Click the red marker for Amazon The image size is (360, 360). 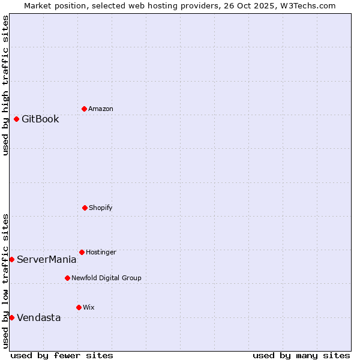84,109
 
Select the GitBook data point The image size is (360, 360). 16,119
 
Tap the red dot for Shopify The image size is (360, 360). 85,208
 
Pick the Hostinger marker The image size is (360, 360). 82,252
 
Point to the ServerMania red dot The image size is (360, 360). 11,259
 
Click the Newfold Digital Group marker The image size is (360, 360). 67,278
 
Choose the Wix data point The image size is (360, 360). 79,307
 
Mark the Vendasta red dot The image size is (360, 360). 11,317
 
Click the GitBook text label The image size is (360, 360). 40,119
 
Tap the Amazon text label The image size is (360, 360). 101,109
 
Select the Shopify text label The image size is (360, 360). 101,208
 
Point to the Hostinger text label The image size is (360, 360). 101,252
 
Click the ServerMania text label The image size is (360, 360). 47,259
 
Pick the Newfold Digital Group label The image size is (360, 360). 107,278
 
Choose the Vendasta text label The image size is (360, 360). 39,317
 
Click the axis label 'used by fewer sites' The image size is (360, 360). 62,355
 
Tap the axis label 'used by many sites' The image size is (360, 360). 301,355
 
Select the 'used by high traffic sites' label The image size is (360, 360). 5,85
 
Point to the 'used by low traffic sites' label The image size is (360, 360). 5,281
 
